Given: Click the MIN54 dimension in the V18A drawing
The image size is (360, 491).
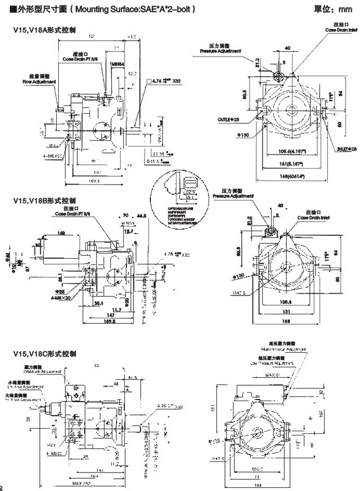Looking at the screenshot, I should pyautogui.click(x=117, y=64).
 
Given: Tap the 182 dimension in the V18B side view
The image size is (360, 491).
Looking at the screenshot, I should pyautogui.click(x=62, y=233).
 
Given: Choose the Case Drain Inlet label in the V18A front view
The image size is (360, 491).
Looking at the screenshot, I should pyautogui.click(x=341, y=30).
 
